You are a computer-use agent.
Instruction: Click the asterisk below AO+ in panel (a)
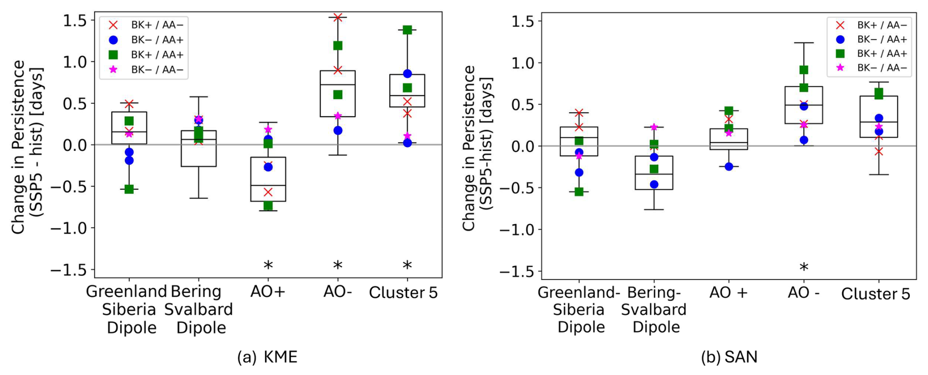pos(268,265)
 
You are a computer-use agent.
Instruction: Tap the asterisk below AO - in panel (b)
pos(804,267)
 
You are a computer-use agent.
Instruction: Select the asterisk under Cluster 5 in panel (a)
pos(407,265)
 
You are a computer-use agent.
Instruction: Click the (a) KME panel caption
pos(267,357)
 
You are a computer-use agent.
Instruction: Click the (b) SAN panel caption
pos(729,357)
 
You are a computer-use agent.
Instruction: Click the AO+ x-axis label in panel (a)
pos(268,292)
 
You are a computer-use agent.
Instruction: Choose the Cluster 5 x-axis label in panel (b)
pos(876,294)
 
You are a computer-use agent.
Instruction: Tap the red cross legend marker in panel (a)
pos(113,25)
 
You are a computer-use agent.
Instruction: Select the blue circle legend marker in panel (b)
pos(840,39)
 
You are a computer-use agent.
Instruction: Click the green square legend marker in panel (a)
pos(113,54)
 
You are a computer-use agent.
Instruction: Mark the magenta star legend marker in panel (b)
pos(840,68)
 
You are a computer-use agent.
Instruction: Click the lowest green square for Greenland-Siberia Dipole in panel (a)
pos(129,189)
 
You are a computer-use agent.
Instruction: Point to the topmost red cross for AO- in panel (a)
pos(337,18)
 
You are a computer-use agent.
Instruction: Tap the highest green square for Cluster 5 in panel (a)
pos(407,30)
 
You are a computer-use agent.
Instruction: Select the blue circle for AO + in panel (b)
pos(729,167)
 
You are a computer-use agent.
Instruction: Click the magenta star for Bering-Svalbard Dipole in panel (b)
pos(654,127)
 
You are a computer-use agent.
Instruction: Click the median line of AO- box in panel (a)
pos(337,84)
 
